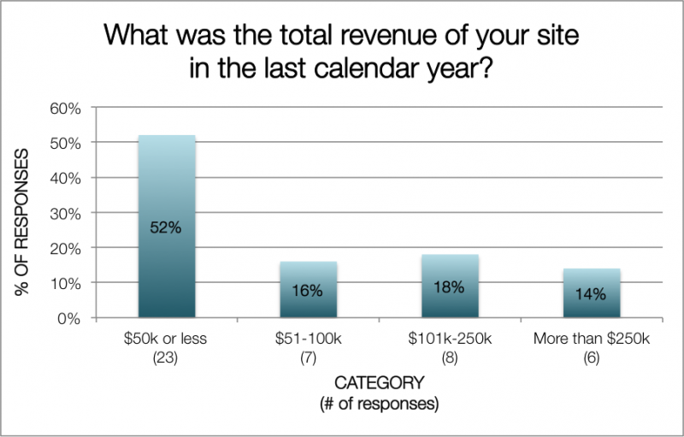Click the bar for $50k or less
tap(167, 226)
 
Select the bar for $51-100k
tap(309, 289)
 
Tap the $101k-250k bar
tap(450, 286)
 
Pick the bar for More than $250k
tap(592, 292)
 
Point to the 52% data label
tap(166, 227)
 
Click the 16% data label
tap(307, 291)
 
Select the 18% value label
tap(449, 287)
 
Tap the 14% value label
tap(591, 294)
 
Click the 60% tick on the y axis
tap(66, 109)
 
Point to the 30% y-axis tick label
tap(66, 214)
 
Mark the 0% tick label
tap(69, 319)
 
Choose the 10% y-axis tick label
tap(66, 284)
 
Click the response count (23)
tap(165, 358)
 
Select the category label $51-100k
tap(309, 339)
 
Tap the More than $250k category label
tap(592, 339)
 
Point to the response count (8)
tap(450, 358)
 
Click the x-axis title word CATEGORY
tap(380, 383)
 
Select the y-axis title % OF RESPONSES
tap(21, 222)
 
